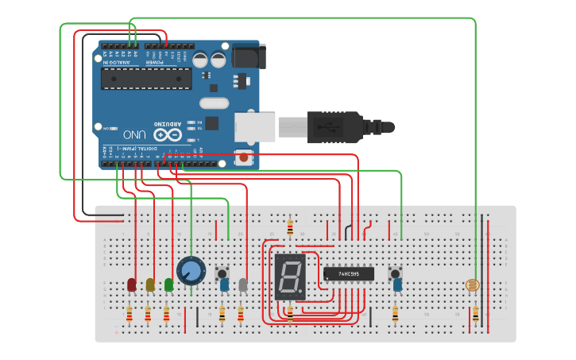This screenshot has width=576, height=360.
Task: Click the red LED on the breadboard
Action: coord(132,284)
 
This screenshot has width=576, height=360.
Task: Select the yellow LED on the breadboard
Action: coord(150,284)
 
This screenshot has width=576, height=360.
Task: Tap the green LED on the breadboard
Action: coord(168,284)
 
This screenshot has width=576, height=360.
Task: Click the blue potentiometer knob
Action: coord(191,271)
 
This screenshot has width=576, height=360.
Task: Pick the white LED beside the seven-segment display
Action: coord(243,284)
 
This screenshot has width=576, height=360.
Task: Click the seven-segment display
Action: coord(290,277)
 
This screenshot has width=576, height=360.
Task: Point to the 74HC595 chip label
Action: coord(348,273)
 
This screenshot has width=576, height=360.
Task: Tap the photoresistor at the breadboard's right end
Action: coord(475,285)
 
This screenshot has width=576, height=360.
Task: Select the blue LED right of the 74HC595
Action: coord(396,283)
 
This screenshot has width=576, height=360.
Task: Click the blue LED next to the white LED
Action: coord(225,284)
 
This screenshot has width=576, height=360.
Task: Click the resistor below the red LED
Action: coord(130,316)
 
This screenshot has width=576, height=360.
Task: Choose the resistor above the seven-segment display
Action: coord(290,228)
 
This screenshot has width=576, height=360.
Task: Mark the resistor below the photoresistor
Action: coord(475,315)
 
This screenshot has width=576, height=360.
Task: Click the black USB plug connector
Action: coord(334,127)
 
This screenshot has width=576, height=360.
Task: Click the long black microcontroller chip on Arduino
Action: coord(146,79)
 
